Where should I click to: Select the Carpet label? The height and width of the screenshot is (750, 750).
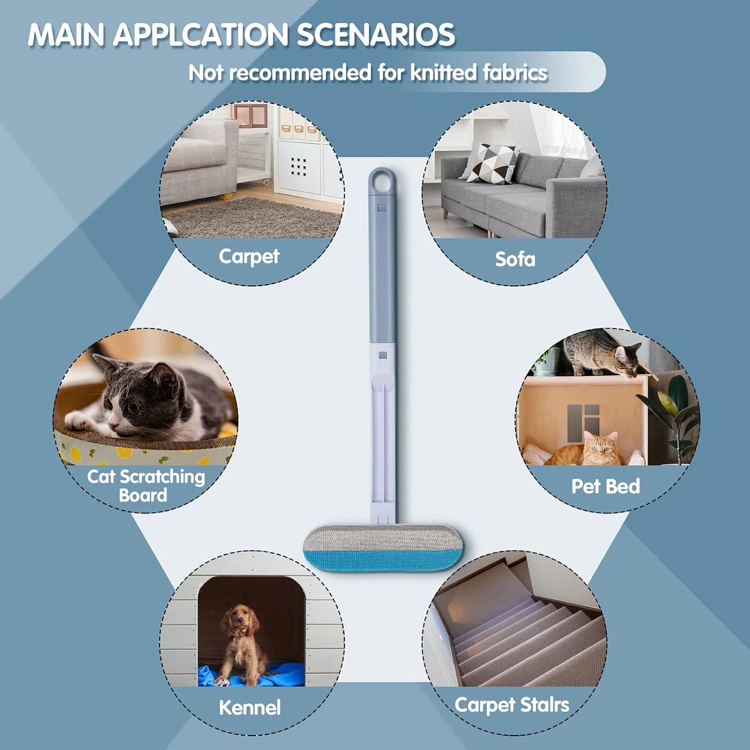[248, 256]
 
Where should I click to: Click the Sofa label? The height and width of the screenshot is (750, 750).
[514, 259]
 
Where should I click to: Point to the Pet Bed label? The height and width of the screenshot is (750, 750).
[605, 486]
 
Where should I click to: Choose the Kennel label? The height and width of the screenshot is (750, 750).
[249, 707]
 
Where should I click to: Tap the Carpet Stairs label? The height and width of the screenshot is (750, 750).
[511, 704]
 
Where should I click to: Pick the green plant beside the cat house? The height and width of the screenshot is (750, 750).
[672, 415]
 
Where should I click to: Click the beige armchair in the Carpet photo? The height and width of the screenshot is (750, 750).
[200, 160]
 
